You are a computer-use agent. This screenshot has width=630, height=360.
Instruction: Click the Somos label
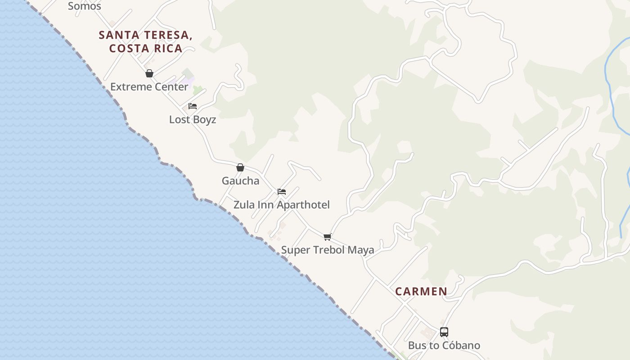pos(84,6)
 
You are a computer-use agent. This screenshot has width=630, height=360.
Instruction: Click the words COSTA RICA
pos(146,49)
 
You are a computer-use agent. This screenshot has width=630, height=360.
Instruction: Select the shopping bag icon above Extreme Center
pos(149,73)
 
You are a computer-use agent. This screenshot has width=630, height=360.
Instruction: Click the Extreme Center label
pos(149,87)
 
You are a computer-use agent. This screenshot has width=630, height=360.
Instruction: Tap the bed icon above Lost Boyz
pos(193,106)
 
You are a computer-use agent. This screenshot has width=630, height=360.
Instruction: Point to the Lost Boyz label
pos(193,120)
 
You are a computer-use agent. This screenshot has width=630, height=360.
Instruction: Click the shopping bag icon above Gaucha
pos(240,167)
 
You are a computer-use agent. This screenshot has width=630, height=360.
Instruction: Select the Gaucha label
pos(240,181)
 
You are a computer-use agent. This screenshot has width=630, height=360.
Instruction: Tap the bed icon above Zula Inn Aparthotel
pos(282,192)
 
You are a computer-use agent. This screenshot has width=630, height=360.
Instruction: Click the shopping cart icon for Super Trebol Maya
pos(328,237)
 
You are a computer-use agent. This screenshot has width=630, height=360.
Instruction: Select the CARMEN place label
pos(421,292)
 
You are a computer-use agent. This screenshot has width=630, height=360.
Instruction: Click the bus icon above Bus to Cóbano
pos(444,332)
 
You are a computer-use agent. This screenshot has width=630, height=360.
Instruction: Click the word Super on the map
pos(295,250)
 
